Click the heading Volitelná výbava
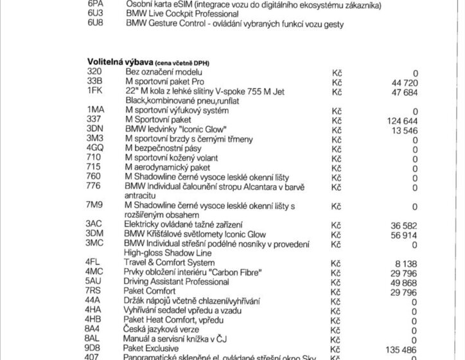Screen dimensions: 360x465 tap(119, 61)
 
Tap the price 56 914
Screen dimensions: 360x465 tap(405, 233)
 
